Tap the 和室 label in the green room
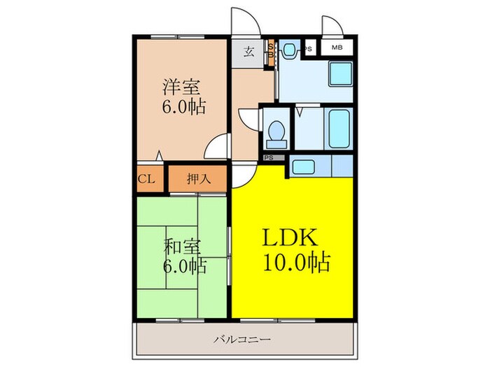click(x=183, y=246)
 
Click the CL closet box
click(x=146, y=178)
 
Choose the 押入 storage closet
click(x=198, y=178)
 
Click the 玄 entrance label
click(x=248, y=51)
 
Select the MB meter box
click(x=337, y=48)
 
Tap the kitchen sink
click(x=304, y=167)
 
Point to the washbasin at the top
click(x=289, y=50)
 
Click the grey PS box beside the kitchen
click(x=269, y=158)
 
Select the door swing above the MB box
click(x=332, y=26)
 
